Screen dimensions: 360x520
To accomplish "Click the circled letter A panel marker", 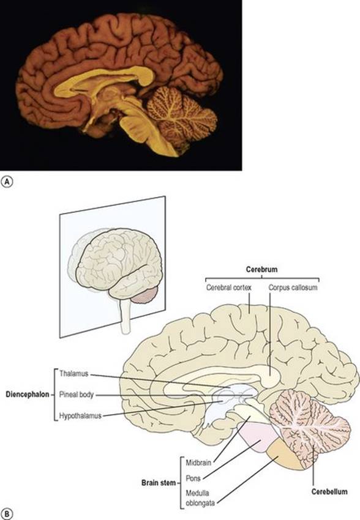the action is (x=7, y=182).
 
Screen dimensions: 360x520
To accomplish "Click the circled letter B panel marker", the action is (x=7, y=514).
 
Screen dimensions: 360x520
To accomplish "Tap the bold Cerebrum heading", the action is (x=261, y=269).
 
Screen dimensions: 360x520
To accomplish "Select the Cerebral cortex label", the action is (x=228, y=287).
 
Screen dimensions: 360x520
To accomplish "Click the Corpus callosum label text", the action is (x=293, y=287).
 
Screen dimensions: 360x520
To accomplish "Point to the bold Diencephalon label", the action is (x=27, y=395).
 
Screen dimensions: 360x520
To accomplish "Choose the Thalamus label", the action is (x=73, y=374).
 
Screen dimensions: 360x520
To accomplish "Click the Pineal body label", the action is (x=77, y=395).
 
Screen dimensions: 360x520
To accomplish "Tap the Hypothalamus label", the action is (x=80, y=415).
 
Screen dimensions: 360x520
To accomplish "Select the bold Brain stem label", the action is (x=159, y=483).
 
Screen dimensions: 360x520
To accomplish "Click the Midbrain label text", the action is (x=198, y=462).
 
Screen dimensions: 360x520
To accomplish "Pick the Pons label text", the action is (x=193, y=478).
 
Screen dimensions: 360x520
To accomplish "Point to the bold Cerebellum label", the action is (x=329, y=491).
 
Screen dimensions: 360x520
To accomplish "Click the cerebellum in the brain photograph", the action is (x=181, y=116).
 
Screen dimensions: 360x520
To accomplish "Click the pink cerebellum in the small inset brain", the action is (x=146, y=295).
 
